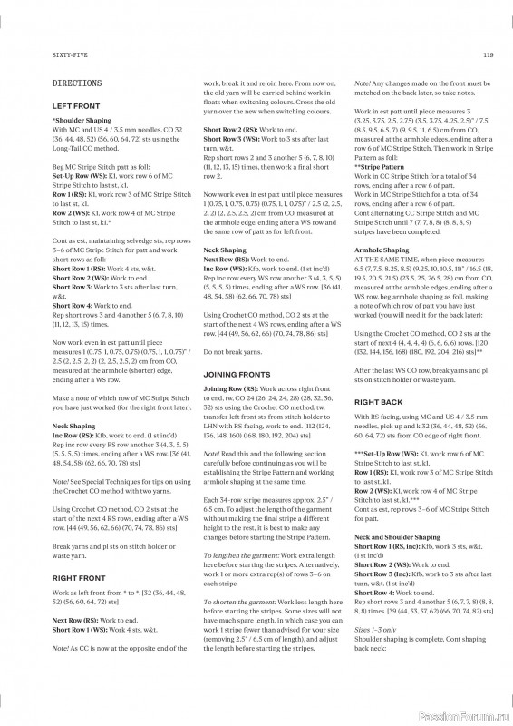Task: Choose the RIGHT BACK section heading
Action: [378, 401]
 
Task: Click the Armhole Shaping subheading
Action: [382, 250]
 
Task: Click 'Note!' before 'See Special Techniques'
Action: [62, 482]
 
